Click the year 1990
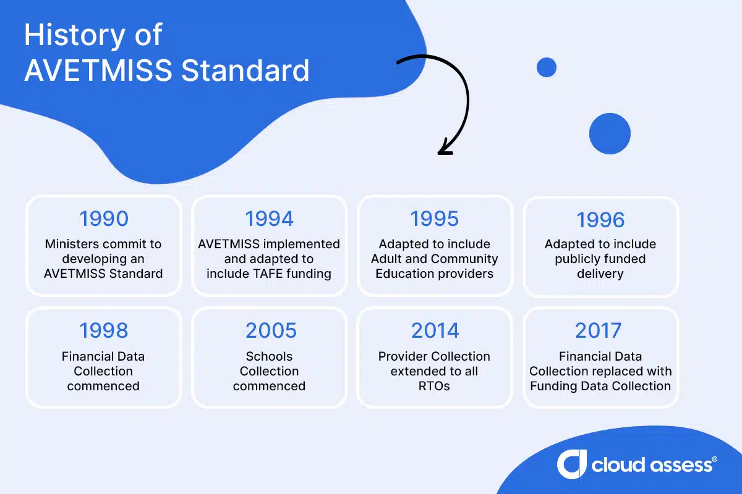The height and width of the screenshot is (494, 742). (x=104, y=219)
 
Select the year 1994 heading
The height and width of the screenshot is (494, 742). (x=269, y=219)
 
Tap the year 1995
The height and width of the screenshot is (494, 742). (x=435, y=219)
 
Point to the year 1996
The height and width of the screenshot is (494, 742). (x=600, y=220)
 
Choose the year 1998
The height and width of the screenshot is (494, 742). (x=104, y=331)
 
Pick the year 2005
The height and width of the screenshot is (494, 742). (x=269, y=331)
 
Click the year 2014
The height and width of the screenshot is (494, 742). (x=435, y=331)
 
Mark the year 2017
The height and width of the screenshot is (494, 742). (x=600, y=331)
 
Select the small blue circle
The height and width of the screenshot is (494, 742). (x=546, y=67)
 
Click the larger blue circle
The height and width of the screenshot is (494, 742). (x=609, y=133)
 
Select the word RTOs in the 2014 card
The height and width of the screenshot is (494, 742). (x=434, y=386)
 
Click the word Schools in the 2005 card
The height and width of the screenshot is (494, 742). (x=269, y=356)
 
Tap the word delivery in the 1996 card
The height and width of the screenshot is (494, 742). (x=600, y=274)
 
